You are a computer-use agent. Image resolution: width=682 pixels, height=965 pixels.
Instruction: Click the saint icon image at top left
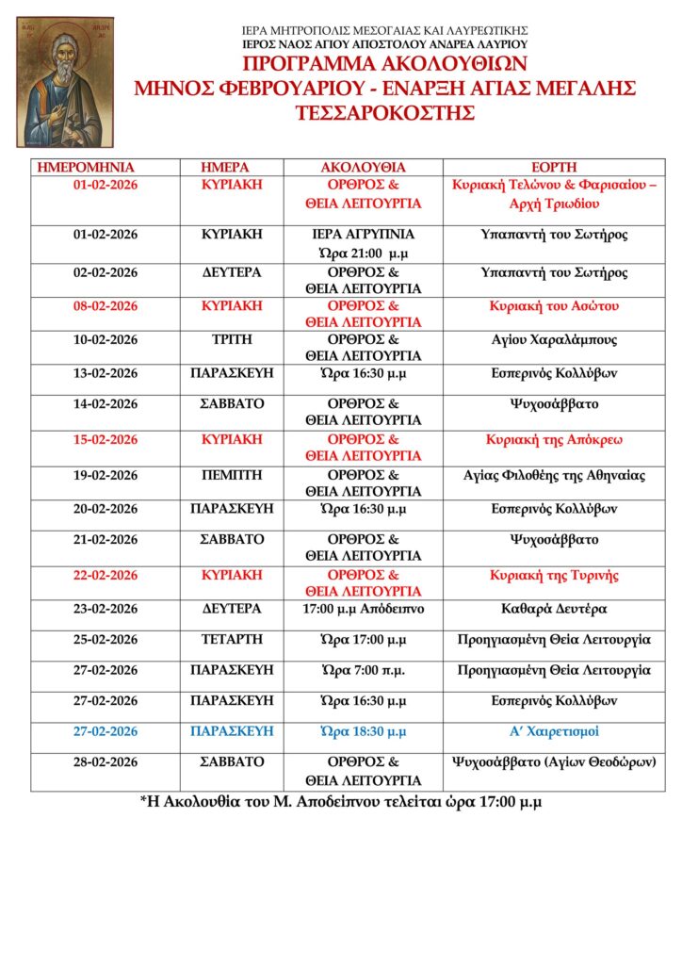click(x=64, y=81)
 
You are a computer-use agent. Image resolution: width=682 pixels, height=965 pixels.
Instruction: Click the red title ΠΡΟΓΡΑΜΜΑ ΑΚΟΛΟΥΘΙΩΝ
click(x=385, y=65)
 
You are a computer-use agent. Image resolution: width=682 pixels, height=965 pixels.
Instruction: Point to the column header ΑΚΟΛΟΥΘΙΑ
click(x=363, y=167)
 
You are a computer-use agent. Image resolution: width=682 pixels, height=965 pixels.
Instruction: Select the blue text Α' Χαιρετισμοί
click(x=554, y=731)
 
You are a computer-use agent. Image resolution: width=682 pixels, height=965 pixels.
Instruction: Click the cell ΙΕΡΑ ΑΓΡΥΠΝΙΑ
click(x=363, y=235)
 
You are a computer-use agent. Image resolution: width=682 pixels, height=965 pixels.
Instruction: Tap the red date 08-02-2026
click(x=106, y=306)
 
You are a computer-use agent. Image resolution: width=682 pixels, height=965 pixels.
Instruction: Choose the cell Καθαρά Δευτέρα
click(x=554, y=609)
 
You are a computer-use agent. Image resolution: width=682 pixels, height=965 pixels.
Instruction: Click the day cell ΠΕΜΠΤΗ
click(x=231, y=475)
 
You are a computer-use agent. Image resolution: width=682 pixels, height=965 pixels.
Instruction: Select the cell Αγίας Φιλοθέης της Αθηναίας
click(x=554, y=475)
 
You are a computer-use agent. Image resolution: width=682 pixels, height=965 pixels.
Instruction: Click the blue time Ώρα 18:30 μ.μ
click(x=363, y=731)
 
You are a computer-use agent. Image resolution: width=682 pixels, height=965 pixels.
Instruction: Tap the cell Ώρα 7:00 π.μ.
click(x=363, y=670)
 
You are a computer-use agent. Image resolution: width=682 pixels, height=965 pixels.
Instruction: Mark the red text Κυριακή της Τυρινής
click(x=554, y=575)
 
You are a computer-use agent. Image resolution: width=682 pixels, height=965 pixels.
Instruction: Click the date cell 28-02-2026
click(x=106, y=761)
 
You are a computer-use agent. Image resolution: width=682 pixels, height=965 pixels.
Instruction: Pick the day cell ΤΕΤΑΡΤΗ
click(x=231, y=640)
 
